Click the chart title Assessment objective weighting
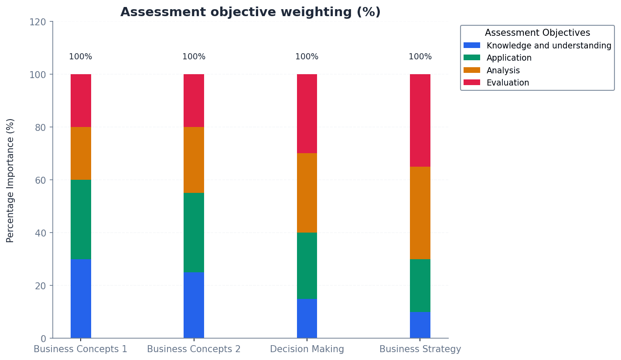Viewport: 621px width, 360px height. point(250,12)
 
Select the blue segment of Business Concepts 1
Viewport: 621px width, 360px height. point(81,298)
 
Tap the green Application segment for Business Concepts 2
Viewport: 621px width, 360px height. point(194,232)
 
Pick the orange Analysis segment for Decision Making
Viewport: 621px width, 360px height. point(307,193)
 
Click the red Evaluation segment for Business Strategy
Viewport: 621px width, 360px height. point(420,120)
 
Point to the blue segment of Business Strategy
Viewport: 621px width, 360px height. point(420,325)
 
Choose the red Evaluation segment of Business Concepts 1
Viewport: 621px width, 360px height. point(81,100)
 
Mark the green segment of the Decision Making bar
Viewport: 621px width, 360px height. point(307,266)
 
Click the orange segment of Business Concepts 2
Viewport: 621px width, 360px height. point(194,160)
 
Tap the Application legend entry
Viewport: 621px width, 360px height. point(509,58)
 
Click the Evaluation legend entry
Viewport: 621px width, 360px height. point(508,82)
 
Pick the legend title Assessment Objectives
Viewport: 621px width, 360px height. point(537,33)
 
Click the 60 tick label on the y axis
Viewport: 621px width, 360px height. point(40,180)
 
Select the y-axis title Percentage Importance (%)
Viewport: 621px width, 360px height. point(10,180)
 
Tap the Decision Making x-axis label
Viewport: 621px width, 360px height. point(307,349)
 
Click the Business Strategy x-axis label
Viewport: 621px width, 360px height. point(420,349)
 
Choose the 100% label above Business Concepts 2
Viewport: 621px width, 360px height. point(194,57)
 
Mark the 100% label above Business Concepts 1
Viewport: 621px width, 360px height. point(81,57)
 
